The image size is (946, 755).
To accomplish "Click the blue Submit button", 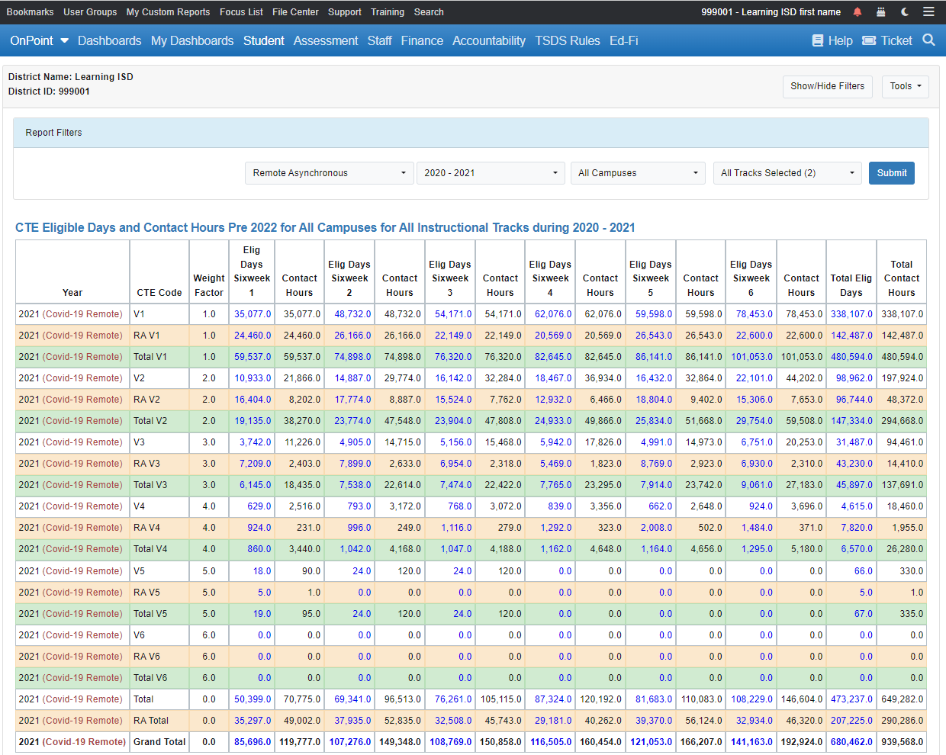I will point(891,173).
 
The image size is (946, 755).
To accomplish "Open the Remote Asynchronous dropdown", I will point(329,173).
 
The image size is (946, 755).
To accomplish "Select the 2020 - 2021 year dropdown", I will point(491,173).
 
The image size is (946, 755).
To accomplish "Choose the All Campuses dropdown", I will point(638,173).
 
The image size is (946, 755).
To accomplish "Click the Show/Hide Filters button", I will point(827,86).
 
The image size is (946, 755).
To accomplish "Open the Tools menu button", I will point(905,86).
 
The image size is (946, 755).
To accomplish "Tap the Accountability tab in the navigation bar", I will point(488,40).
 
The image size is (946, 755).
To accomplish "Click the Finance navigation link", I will point(422,40).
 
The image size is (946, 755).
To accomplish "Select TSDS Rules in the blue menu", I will point(567,40).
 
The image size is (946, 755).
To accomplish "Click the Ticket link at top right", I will point(887,40).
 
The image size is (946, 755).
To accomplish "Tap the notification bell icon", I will point(858,12).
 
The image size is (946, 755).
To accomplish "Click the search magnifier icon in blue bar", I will point(928,40).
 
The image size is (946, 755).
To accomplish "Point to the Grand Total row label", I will point(159,741).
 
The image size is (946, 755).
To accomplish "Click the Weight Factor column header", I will point(208,285).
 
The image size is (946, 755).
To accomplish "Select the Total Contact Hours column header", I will point(901,278).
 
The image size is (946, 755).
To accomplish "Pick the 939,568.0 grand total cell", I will point(902,741).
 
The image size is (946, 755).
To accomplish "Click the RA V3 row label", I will point(146,464).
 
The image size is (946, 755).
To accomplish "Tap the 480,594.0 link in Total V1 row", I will point(851,357).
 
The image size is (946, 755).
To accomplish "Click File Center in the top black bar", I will point(295,12).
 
